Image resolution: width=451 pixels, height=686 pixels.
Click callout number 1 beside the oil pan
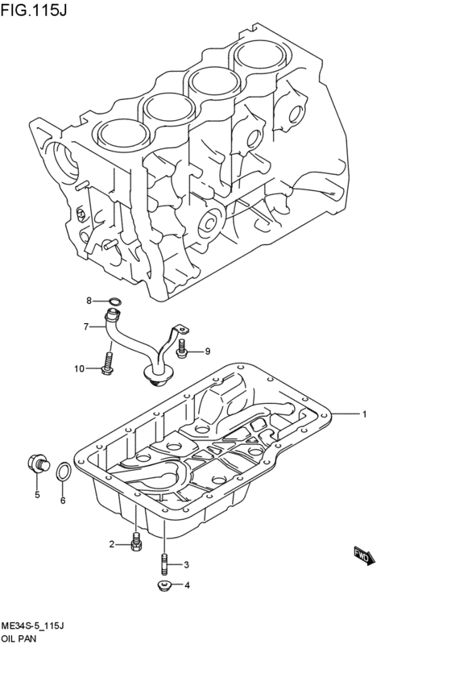coord(364,414)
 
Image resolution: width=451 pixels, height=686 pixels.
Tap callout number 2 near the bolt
coord(112,545)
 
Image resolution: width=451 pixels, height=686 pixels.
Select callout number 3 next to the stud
coord(186,564)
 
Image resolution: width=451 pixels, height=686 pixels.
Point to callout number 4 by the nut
coord(186,585)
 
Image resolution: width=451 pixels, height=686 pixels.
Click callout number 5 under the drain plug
coord(36,495)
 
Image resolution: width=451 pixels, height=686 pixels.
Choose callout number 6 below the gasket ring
coord(62,501)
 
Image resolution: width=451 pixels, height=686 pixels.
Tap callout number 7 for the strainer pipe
coord(85,326)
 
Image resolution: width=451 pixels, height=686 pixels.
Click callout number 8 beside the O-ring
coord(90,301)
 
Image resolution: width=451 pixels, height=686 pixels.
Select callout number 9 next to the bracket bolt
coord(206,351)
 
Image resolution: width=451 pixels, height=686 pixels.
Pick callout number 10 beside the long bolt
coord(80,369)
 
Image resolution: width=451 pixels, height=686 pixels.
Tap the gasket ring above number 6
coord(63,473)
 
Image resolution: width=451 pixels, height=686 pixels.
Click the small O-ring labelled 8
coord(114,303)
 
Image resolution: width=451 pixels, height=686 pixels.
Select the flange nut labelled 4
coord(163,585)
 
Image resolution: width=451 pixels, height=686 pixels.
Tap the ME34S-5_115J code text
coord(32,626)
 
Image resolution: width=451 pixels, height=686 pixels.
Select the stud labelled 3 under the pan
coord(163,562)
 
